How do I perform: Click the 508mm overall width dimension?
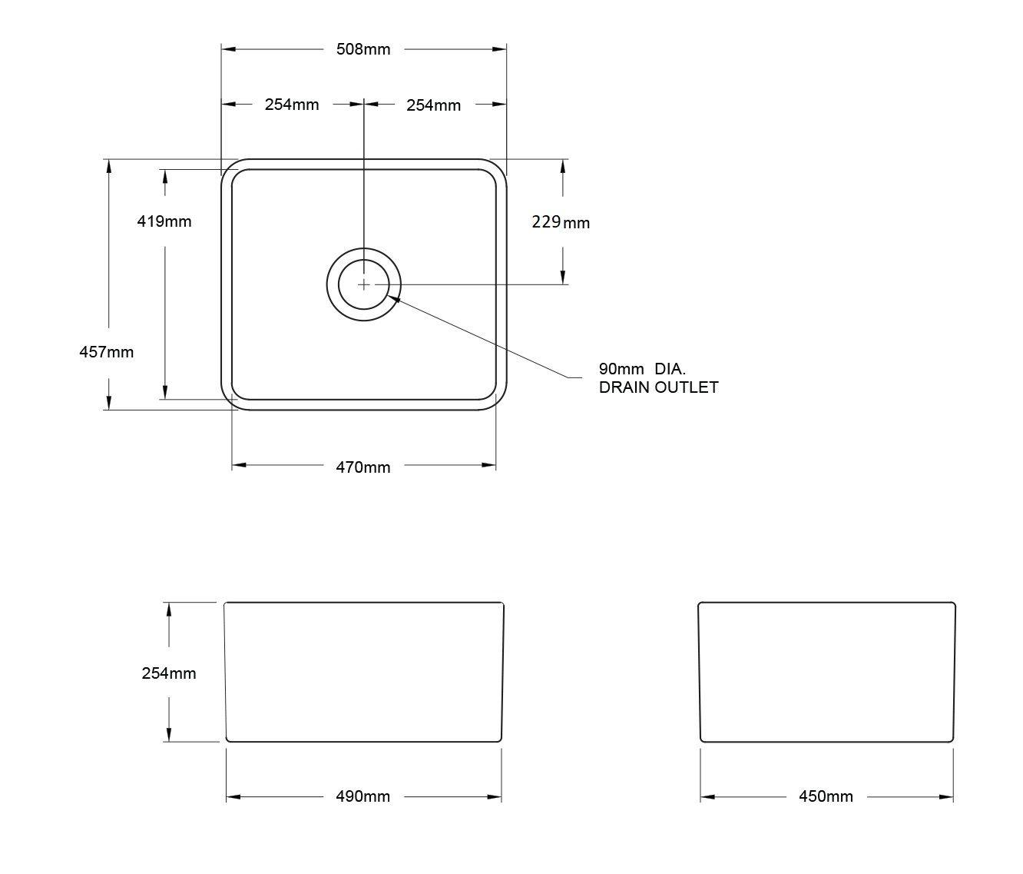[363, 49]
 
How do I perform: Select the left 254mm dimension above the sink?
[292, 105]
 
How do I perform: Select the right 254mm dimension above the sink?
[433, 105]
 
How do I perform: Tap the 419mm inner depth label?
[164, 221]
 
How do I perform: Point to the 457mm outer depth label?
[107, 352]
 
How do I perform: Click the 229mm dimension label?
[561, 222]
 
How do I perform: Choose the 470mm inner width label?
[363, 467]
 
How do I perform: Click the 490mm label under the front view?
[363, 796]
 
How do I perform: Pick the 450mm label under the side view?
[826, 796]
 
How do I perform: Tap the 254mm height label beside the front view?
[169, 673]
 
